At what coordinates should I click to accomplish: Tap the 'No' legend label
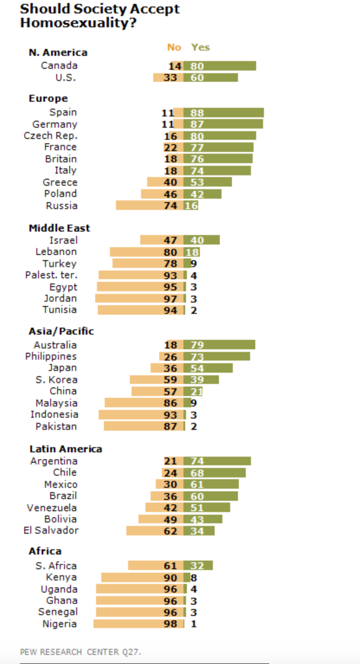click(174, 47)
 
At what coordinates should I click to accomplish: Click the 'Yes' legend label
click(200, 47)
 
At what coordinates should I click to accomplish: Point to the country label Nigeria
click(60, 624)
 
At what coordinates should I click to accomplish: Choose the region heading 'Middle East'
click(59, 228)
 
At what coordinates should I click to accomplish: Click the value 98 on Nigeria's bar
click(170, 624)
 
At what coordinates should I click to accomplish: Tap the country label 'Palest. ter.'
click(51, 275)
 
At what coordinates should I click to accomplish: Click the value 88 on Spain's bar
click(197, 113)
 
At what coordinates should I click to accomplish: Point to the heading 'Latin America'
click(65, 449)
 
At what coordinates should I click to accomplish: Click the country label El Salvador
click(51, 530)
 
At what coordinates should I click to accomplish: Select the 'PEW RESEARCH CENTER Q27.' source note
click(80, 651)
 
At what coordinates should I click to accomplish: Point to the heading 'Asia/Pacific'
click(61, 331)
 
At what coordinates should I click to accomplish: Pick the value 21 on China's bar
click(197, 392)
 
